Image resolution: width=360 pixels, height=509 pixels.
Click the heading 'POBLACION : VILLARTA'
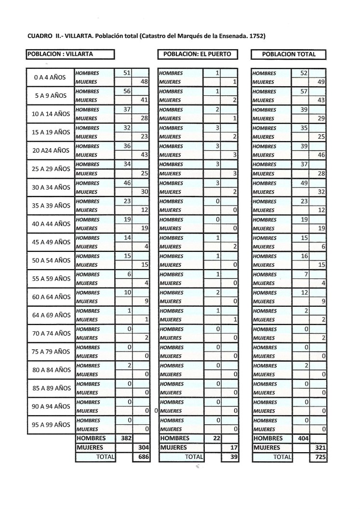(x=60, y=54)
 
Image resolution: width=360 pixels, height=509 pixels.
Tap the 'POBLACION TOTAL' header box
(x=289, y=54)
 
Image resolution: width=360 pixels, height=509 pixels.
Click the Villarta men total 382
(x=125, y=439)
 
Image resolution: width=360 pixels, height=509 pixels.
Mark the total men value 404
(x=301, y=439)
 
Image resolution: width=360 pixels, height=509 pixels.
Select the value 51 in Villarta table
(x=127, y=73)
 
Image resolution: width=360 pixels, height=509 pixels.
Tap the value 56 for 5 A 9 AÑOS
(x=127, y=91)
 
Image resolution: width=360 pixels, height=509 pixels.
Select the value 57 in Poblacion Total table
(x=304, y=91)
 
